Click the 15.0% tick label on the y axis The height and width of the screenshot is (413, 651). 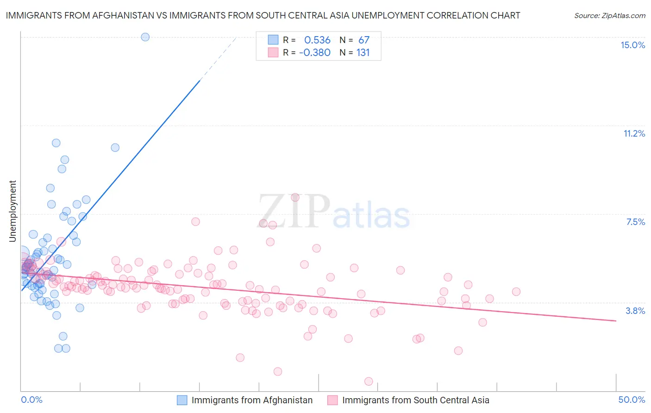632,45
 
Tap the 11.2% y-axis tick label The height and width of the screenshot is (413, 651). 634,133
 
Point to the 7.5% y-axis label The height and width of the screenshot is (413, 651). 635,222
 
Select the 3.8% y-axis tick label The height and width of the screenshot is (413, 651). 635,311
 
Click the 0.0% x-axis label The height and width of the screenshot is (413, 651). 31,400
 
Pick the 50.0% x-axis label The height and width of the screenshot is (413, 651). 632,400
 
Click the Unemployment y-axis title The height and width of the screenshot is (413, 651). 13,211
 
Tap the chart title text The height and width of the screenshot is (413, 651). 263,15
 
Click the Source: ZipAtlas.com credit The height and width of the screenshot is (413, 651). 609,15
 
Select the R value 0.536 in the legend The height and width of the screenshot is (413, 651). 317,40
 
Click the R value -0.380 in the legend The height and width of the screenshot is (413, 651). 315,52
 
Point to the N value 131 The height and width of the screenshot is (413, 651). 363,52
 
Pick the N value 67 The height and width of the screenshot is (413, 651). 364,40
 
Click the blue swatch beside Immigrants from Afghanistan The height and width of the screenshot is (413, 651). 182,400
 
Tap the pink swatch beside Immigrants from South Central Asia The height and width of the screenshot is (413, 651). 332,400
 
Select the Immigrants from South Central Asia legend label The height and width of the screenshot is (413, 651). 415,400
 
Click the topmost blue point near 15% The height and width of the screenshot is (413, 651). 145,37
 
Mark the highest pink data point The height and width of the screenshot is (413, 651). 295,197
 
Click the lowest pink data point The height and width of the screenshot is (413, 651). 369,381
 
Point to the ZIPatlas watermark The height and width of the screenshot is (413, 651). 334,212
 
